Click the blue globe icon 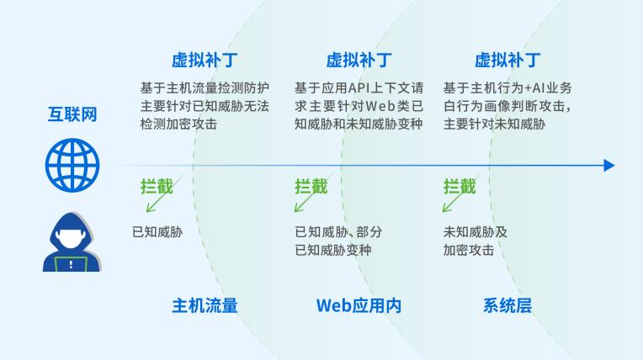click(x=72, y=165)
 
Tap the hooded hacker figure click(x=72, y=242)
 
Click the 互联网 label click(x=72, y=114)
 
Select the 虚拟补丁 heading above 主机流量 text click(x=205, y=60)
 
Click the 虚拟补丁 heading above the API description click(x=359, y=60)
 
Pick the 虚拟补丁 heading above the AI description click(x=507, y=60)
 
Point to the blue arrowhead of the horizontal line click(x=609, y=166)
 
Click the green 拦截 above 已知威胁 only click(x=157, y=187)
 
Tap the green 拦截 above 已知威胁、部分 click(x=311, y=187)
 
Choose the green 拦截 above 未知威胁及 click(x=460, y=187)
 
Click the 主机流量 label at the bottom click(x=205, y=306)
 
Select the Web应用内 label click(x=359, y=306)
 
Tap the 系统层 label click(x=507, y=306)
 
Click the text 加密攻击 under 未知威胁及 click(x=468, y=250)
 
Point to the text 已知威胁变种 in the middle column click(x=333, y=250)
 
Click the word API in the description click(x=359, y=87)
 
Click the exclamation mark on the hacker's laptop click(x=71, y=264)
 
